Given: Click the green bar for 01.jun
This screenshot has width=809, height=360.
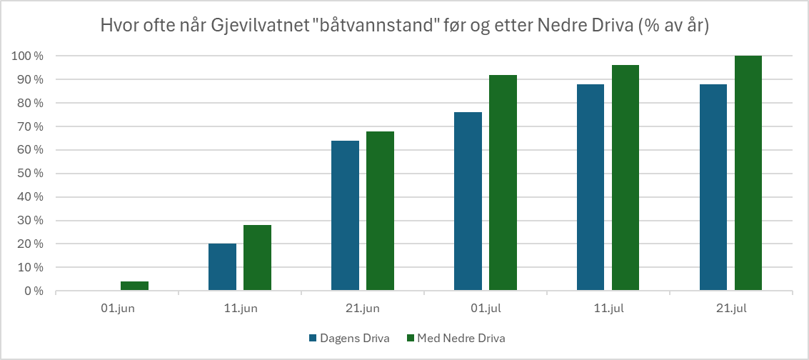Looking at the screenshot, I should click(134, 286).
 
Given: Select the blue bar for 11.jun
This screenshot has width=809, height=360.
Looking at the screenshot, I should click(222, 267).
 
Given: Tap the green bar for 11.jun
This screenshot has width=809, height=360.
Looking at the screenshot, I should click(257, 258).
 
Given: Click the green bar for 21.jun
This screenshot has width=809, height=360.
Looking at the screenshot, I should click(380, 211).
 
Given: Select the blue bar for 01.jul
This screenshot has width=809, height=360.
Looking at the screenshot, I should click(468, 201).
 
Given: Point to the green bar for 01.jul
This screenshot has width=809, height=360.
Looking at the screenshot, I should click(503, 183).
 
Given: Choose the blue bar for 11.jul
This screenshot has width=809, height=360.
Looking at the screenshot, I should click(591, 187).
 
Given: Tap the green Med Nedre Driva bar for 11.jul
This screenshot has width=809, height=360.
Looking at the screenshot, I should click(625, 178).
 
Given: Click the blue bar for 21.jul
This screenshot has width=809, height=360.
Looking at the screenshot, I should click(713, 187).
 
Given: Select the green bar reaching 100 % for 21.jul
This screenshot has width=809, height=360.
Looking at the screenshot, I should click(748, 173).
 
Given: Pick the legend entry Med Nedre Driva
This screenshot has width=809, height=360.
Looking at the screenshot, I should click(461, 338).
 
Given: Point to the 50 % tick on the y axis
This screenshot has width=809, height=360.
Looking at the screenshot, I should click(28, 174).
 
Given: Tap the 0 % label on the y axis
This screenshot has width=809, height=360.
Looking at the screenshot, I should click(31, 291).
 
